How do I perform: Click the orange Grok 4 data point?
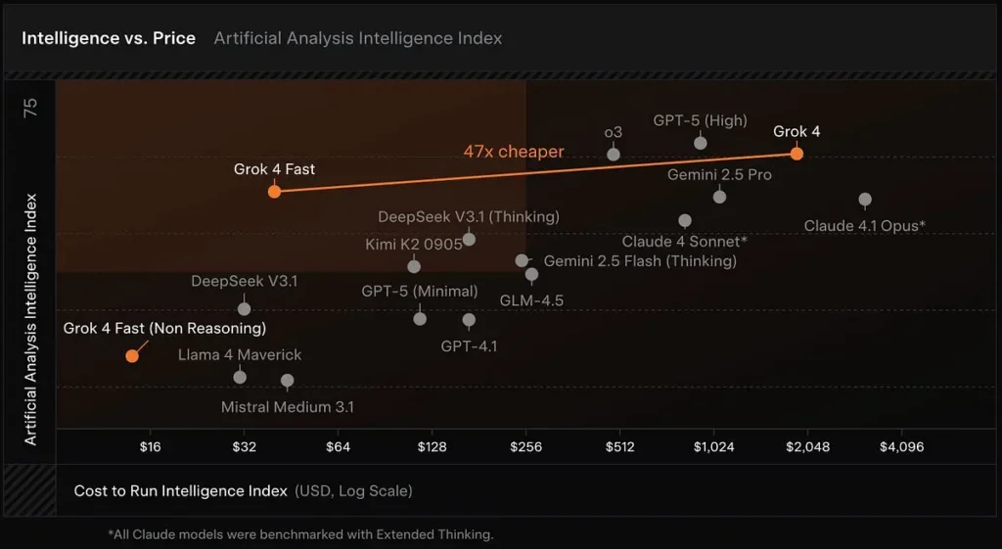coord(797,153)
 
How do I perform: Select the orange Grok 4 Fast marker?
coord(274,191)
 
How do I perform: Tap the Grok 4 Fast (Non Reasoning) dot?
coord(132,355)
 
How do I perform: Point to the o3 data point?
coord(614,154)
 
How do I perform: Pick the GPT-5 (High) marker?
coord(701,143)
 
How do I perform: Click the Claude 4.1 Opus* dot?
coord(865,200)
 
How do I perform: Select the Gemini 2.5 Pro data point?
coord(719,197)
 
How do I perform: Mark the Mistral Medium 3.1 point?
coord(288,381)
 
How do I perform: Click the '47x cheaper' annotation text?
coord(514,152)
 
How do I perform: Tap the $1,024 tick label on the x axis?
coord(713,447)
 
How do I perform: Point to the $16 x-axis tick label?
coord(150,447)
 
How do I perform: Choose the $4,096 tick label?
coord(901,447)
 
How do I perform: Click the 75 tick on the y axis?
coord(30,108)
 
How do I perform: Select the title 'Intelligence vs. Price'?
coord(109,38)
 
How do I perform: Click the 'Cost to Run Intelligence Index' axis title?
coord(181,490)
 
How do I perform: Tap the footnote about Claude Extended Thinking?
coord(300,534)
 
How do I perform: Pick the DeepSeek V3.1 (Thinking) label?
coord(469,216)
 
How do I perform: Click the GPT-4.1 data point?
coord(469,320)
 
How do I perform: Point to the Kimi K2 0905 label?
coord(414,245)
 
